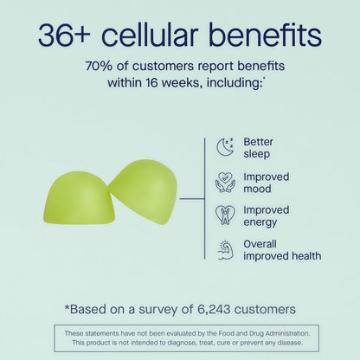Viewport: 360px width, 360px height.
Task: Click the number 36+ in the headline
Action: (64, 35)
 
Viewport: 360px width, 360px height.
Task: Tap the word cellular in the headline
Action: (150, 35)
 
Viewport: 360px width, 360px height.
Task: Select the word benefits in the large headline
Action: (265, 35)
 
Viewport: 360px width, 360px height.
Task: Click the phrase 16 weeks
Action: (172, 83)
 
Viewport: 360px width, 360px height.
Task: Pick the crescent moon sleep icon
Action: (225, 147)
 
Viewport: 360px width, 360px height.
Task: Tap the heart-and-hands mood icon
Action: (225, 182)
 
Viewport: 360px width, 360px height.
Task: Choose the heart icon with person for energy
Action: (225, 215)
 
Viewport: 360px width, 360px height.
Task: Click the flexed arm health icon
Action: (225, 250)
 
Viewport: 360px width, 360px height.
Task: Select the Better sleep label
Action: (258, 148)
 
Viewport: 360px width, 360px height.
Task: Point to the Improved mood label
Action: (266, 183)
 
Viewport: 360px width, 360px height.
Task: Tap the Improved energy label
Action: (266, 216)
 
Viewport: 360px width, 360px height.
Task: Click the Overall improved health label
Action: (282, 250)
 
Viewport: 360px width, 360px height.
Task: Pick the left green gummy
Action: (79, 199)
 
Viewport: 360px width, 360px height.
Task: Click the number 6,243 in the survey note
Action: (214, 309)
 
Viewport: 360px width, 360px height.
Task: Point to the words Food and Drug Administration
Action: (264, 333)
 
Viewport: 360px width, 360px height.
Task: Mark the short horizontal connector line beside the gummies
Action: (192, 198)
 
